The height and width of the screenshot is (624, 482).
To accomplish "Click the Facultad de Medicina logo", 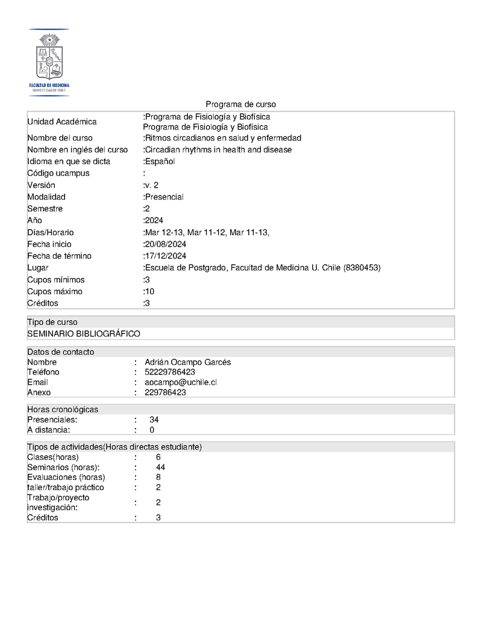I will point(49,63).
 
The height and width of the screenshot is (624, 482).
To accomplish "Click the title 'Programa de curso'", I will point(240,104).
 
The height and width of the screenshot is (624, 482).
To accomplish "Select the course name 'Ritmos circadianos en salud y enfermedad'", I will point(223,138).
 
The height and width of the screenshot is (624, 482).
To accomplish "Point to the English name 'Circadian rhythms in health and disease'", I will point(218,150).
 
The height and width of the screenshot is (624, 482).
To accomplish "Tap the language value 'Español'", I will point(160,162).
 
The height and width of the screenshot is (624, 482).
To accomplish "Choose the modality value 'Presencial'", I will point(164,197).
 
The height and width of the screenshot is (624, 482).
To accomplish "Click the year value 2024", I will point(154,221).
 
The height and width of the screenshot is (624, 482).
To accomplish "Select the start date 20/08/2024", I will point(165,244).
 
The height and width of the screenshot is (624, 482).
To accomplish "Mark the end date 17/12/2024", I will point(165,256).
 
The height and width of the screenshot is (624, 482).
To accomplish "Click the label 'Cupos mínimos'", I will point(56,280).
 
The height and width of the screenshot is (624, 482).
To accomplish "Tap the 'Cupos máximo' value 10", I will point(149,292).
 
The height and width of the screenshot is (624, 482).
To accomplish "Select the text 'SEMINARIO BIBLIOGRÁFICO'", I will point(84,333).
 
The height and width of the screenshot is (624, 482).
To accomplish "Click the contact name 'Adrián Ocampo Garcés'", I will point(187,362).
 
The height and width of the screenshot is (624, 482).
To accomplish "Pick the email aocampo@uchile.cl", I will point(181,382).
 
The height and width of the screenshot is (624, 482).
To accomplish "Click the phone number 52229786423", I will point(170,372).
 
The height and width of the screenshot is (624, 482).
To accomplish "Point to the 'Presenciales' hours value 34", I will point(154,420).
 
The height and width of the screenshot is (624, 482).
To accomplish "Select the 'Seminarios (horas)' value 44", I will point(160,467).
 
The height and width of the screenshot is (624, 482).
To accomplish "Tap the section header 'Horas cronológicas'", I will point(63,409).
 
